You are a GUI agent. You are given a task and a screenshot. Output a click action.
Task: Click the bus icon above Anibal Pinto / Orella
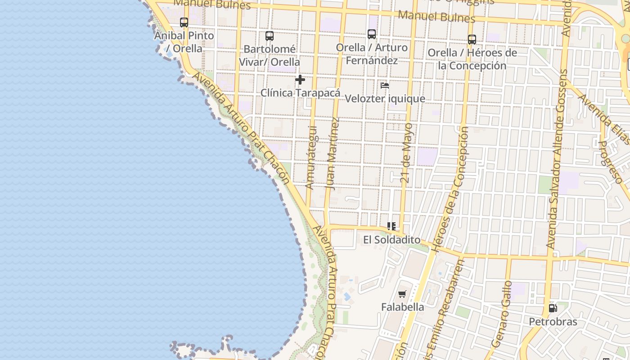[184, 22]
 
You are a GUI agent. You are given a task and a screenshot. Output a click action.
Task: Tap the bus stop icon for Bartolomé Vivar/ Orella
[270, 36]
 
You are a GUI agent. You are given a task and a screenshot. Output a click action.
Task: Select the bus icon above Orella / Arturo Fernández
[372, 34]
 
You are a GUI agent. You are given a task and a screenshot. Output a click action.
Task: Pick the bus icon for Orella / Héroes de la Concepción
[472, 40]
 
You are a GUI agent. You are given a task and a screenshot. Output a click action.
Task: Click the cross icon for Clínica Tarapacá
[300, 80]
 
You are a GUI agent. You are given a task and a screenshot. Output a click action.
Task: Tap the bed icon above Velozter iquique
[385, 85]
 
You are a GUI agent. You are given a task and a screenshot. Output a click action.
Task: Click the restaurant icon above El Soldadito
[391, 226]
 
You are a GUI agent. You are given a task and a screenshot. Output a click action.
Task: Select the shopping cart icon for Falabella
[402, 294]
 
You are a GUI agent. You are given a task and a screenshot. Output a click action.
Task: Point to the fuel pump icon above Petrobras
[553, 308]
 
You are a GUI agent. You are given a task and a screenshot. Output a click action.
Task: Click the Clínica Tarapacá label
[300, 93]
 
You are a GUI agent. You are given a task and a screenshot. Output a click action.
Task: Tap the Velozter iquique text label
[385, 99]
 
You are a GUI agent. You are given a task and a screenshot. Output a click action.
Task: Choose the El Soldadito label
[391, 240]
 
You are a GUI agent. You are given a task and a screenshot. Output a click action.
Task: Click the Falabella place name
[402, 307]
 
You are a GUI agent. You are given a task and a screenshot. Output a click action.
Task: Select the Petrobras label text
[553, 322]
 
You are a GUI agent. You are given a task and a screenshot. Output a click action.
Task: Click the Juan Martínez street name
[333, 154]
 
